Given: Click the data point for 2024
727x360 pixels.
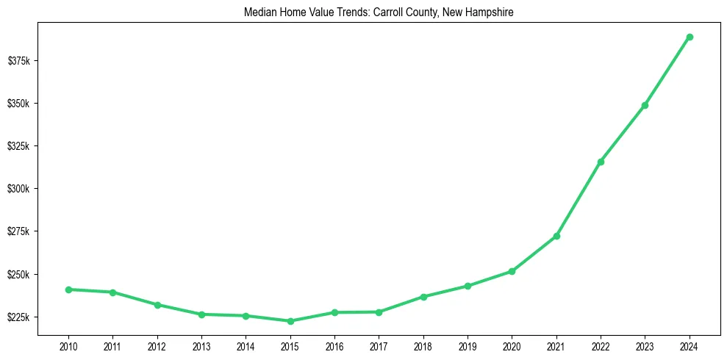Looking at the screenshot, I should point(690,37).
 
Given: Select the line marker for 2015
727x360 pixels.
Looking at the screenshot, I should point(290,321).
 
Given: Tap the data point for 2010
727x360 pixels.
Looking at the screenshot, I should point(68,289).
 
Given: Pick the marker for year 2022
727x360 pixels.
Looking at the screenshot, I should point(601,162).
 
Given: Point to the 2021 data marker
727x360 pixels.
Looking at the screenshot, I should point(556,236).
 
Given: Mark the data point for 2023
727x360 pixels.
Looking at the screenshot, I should point(645,105).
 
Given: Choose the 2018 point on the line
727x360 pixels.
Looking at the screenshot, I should point(423,297).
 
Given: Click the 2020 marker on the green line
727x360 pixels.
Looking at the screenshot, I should point(512,271).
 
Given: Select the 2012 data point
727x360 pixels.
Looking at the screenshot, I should point(157,305).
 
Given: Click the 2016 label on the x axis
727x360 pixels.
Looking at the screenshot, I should point(334,346).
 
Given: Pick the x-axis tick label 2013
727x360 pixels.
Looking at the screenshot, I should point(201,346).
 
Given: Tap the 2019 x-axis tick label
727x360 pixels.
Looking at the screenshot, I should point(468,346).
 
